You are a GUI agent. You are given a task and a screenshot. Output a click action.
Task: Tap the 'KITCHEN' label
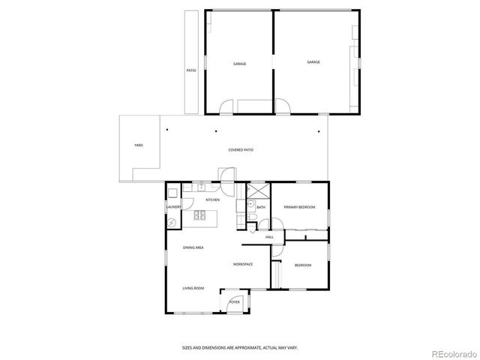click(213, 200)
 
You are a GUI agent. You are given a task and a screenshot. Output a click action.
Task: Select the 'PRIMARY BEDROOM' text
click(298, 207)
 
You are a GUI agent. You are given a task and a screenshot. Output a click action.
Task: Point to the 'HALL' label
click(269, 237)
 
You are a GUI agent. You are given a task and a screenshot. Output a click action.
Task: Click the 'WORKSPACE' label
click(241, 265)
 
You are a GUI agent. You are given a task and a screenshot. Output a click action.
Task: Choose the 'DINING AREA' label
click(193, 247)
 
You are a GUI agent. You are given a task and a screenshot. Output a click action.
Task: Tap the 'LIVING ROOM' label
click(193, 288)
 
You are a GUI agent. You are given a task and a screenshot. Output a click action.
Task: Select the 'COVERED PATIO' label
click(241, 150)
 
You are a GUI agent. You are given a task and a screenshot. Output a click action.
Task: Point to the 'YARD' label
click(139, 145)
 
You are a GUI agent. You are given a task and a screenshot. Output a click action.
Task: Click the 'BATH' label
click(261, 207)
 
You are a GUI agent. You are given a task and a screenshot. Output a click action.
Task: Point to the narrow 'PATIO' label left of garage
click(191, 70)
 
